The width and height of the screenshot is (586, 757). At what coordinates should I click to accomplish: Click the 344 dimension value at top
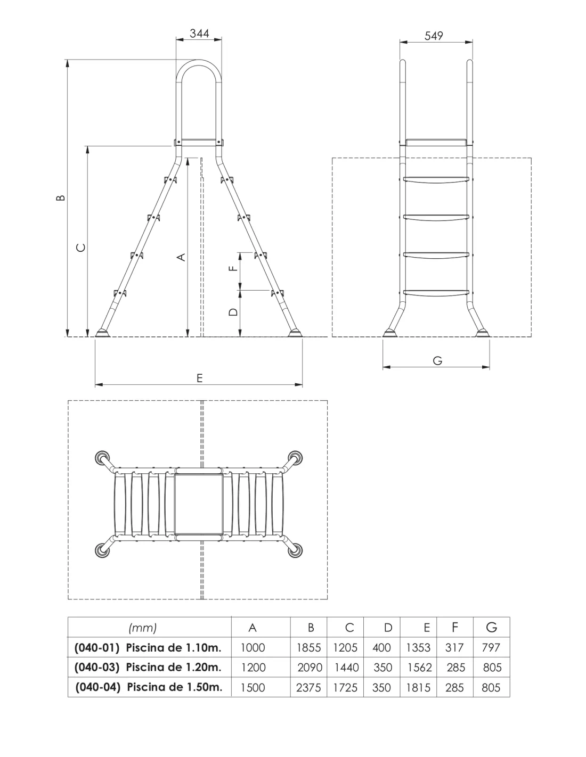[x=199, y=34]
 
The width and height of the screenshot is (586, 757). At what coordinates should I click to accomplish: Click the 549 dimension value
[x=434, y=36]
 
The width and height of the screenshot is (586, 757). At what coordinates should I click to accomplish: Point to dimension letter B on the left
[x=61, y=198]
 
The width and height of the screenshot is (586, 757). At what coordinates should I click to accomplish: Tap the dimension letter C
[x=80, y=248]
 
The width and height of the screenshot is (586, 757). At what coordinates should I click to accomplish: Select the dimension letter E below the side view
[x=199, y=378]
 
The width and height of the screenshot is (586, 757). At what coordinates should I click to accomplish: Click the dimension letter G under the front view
[x=437, y=360]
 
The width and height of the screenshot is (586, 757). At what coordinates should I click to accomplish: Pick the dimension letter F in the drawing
[x=232, y=268]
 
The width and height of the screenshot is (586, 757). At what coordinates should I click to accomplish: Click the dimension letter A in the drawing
[x=182, y=257]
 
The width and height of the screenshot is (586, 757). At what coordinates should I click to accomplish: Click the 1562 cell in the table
[x=419, y=668]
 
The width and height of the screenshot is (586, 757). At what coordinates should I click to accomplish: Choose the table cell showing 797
[x=490, y=648]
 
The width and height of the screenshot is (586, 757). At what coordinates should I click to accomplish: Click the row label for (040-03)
[x=147, y=668]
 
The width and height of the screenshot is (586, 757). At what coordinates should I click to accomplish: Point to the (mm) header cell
[x=143, y=628]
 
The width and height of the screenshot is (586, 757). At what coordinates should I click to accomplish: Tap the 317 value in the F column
[x=454, y=648]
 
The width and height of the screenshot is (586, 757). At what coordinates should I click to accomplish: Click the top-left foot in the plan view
[x=102, y=458]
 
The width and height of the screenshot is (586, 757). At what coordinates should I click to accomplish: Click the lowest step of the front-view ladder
[x=437, y=292]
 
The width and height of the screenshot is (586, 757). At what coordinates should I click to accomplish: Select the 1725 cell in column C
[x=345, y=687]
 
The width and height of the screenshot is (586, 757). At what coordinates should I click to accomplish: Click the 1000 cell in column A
[x=253, y=648]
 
